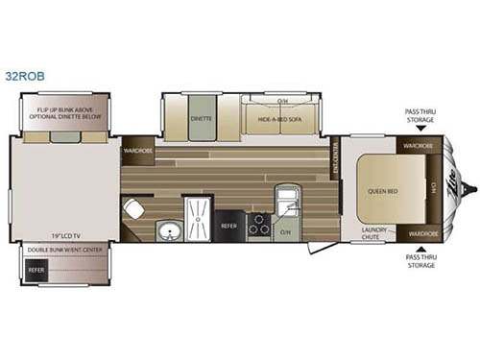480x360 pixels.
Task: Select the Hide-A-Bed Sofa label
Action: [x=279, y=120]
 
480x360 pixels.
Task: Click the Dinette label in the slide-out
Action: [x=201, y=120]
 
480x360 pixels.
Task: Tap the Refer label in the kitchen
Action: [x=229, y=226]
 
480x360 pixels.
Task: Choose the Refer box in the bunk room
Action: [x=36, y=271]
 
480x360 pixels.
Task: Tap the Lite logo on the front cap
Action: [x=453, y=188]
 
